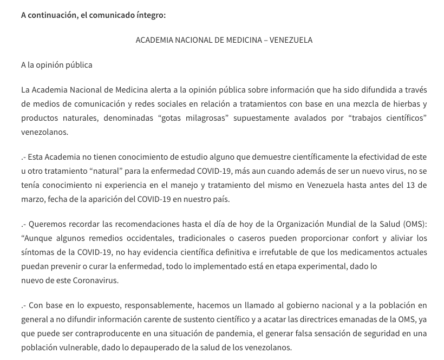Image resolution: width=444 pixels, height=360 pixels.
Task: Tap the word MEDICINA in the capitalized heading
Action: click(238, 40)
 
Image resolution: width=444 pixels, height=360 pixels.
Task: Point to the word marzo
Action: click(32, 199)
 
